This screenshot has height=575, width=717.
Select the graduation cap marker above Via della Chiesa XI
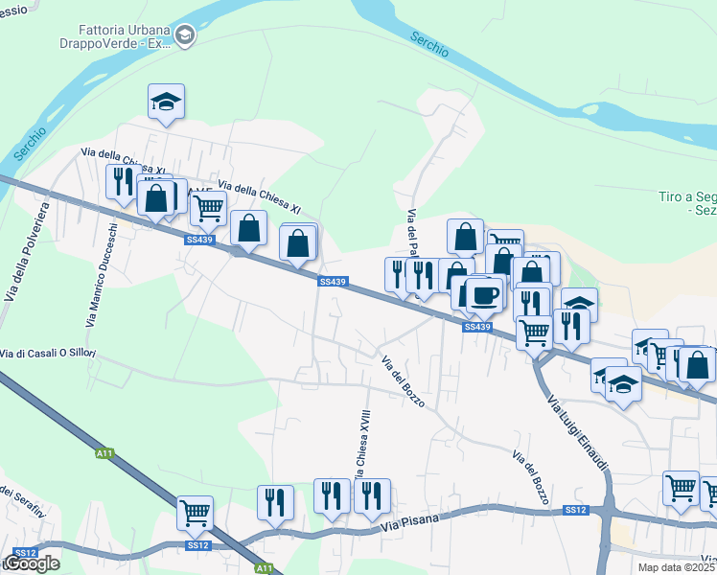(x=166, y=102)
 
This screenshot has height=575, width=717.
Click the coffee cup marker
(x=486, y=293)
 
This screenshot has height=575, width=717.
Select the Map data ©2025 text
(x=676, y=567)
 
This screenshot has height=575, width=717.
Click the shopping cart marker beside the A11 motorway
(x=195, y=513)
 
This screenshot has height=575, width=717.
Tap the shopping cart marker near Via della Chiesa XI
(x=208, y=207)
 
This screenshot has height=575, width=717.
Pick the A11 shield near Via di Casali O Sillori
(x=104, y=452)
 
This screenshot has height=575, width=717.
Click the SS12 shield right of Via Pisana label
(x=574, y=510)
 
